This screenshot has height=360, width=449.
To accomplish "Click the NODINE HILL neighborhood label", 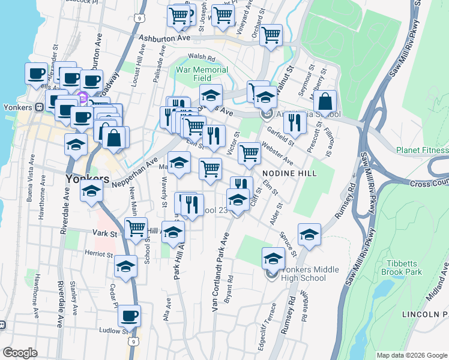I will point(289,173).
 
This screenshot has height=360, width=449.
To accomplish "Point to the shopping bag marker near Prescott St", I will point(325,103).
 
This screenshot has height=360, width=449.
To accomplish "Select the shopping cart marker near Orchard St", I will point(271,35).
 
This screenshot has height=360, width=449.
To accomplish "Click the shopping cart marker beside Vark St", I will point(136,228).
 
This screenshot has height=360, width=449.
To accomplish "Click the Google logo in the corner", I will point(20,353).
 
